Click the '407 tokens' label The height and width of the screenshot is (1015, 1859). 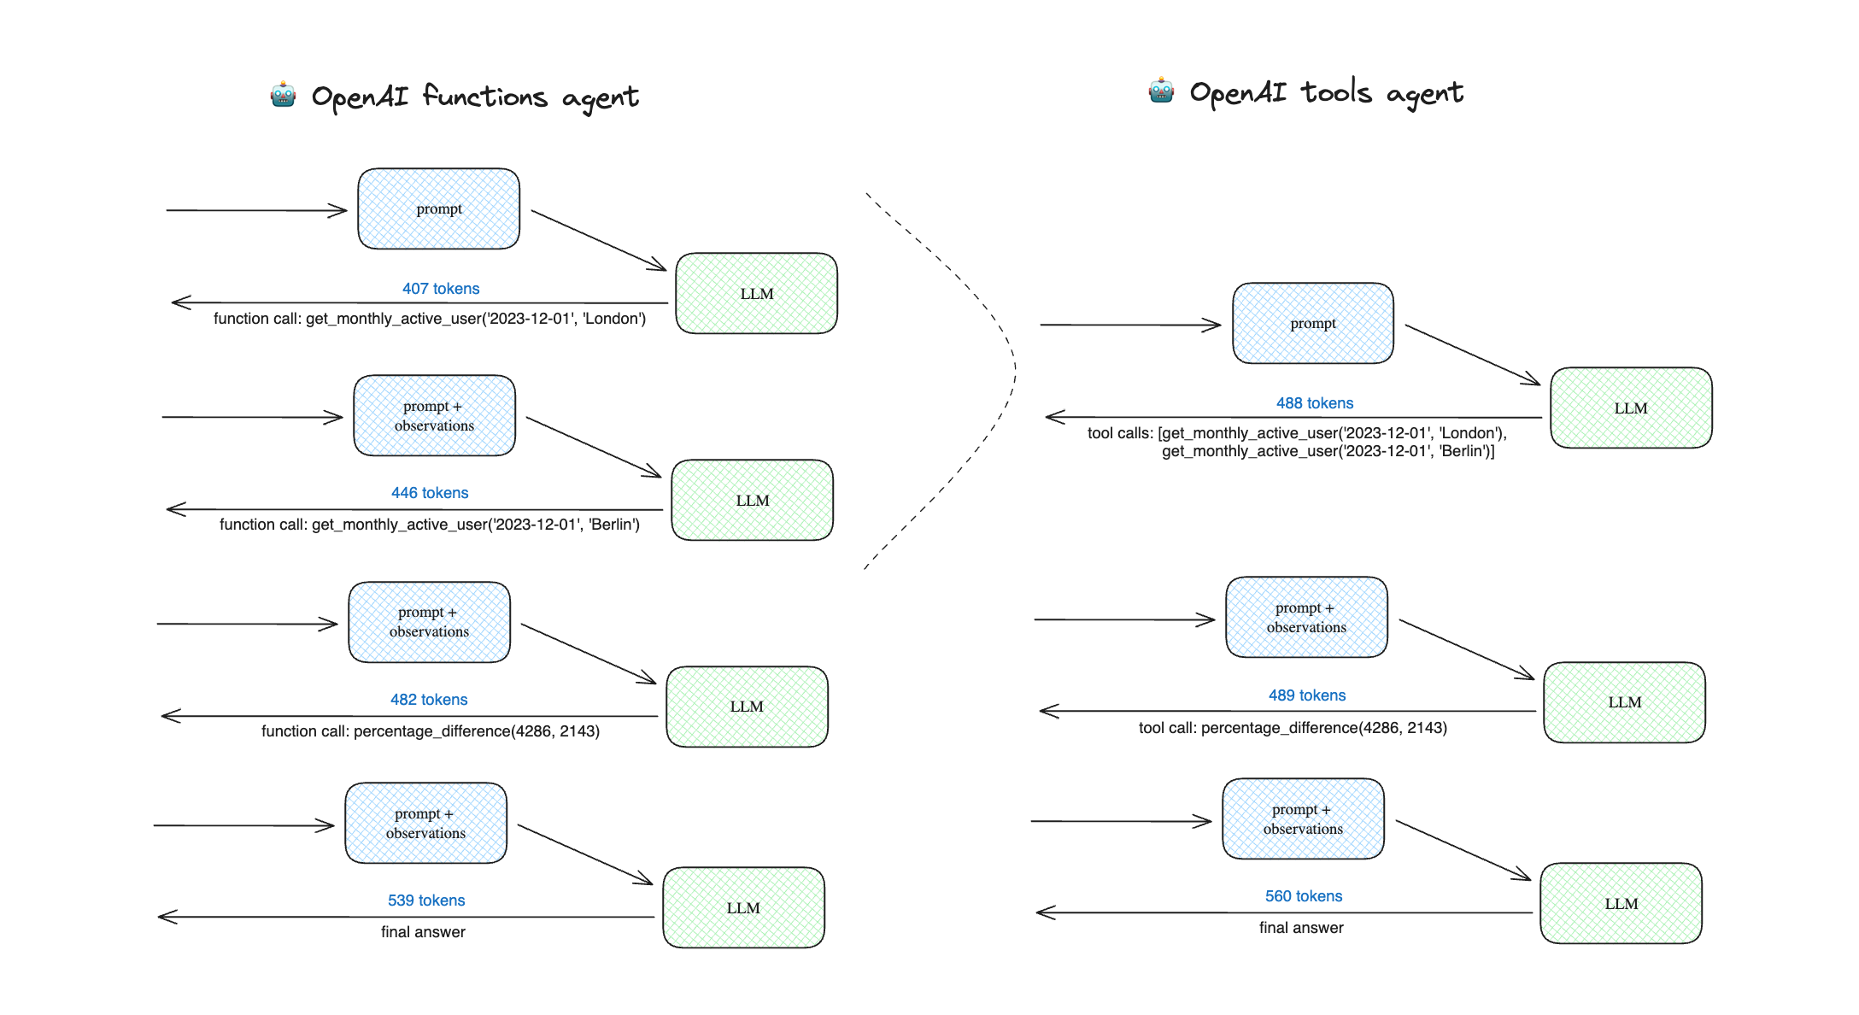[441, 289]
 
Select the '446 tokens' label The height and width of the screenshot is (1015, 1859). [430, 493]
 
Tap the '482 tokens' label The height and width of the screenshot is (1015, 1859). [429, 700]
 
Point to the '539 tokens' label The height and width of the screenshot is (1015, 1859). [426, 901]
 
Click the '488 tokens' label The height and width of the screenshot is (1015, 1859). [1315, 403]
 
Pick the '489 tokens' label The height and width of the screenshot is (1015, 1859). [1307, 695]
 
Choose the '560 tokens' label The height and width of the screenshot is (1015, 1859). [1304, 896]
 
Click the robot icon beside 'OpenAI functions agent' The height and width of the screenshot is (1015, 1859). [284, 95]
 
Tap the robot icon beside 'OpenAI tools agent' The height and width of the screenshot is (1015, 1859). [1161, 90]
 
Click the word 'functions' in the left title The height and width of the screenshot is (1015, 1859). [484, 96]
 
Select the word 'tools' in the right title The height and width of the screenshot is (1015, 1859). [1336, 91]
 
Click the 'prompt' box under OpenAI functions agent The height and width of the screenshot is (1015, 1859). [439, 209]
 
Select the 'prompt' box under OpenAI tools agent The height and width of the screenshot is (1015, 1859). [1313, 324]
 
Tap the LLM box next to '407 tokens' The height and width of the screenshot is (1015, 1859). [757, 293]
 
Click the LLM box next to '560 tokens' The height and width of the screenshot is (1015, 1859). [1621, 903]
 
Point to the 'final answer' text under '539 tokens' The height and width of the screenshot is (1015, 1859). [423, 932]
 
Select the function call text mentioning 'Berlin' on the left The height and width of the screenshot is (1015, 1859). [430, 525]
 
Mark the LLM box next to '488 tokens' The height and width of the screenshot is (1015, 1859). [1632, 408]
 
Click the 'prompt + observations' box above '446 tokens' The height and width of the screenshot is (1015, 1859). [435, 416]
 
